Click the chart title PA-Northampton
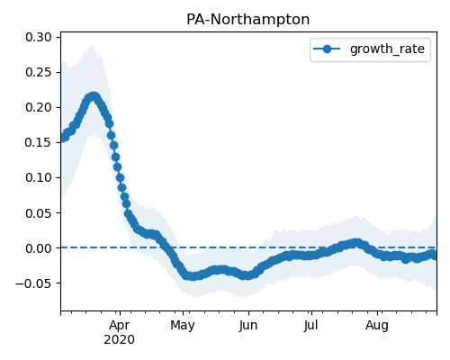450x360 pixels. tap(247, 20)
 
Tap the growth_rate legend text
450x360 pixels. tap(387, 49)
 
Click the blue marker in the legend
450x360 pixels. tap(327, 49)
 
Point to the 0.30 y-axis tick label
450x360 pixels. tap(39, 37)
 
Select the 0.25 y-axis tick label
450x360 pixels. tap(39, 72)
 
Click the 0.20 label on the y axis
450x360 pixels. tap(39, 107)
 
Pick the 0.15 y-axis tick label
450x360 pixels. tap(39, 142)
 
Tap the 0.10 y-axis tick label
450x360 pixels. tap(39, 177)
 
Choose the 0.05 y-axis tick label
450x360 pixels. tap(39, 213)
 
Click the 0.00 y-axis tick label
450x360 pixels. tap(39, 248)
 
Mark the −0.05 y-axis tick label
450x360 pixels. tap(33, 283)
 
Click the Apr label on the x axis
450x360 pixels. tap(120, 326)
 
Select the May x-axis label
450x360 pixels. tap(183, 326)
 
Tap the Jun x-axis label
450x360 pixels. tap(248, 326)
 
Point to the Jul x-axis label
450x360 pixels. tap(310, 326)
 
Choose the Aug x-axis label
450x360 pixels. tap(377, 326)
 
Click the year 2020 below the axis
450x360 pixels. tap(119, 340)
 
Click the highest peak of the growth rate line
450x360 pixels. tap(94, 96)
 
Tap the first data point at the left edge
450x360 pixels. tap(62, 138)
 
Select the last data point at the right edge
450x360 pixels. tap(434, 256)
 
